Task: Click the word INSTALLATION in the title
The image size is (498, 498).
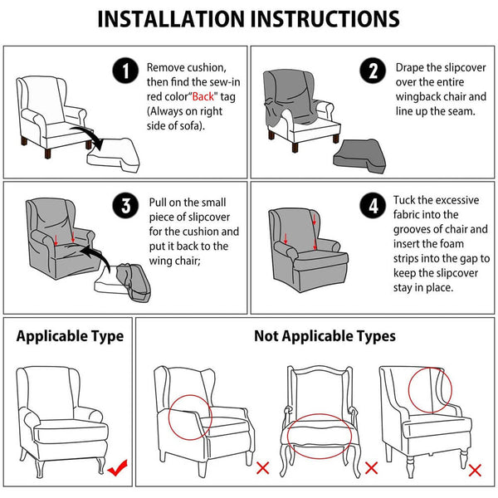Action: tap(172, 19)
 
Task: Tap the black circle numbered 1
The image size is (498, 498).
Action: tap(125, 71)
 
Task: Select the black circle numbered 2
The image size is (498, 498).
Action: tap(373, 71)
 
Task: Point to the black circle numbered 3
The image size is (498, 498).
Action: tap(125, 206)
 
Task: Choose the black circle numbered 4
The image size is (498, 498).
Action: tap(373, 206)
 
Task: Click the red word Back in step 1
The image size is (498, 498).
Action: tap(203, 96)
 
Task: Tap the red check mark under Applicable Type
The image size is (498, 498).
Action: tap(118, 467)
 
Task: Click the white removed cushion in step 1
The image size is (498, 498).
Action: tap(114, 155)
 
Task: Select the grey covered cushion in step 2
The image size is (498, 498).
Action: tap(359, 156)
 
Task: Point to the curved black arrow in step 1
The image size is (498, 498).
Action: tap(90, 134)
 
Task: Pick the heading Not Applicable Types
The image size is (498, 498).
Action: tap(325, 336)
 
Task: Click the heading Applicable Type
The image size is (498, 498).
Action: tap(70, 336)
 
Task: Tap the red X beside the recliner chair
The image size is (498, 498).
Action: tap(262, 468)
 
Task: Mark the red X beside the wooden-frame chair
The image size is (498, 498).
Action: tap(371, 468)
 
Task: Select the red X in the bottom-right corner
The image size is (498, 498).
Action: tap(475, 470)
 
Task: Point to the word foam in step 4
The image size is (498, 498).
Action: tap(450, 243)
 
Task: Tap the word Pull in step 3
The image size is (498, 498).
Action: tap(158, 203)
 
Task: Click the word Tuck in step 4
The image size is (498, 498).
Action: tap(404, 200)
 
